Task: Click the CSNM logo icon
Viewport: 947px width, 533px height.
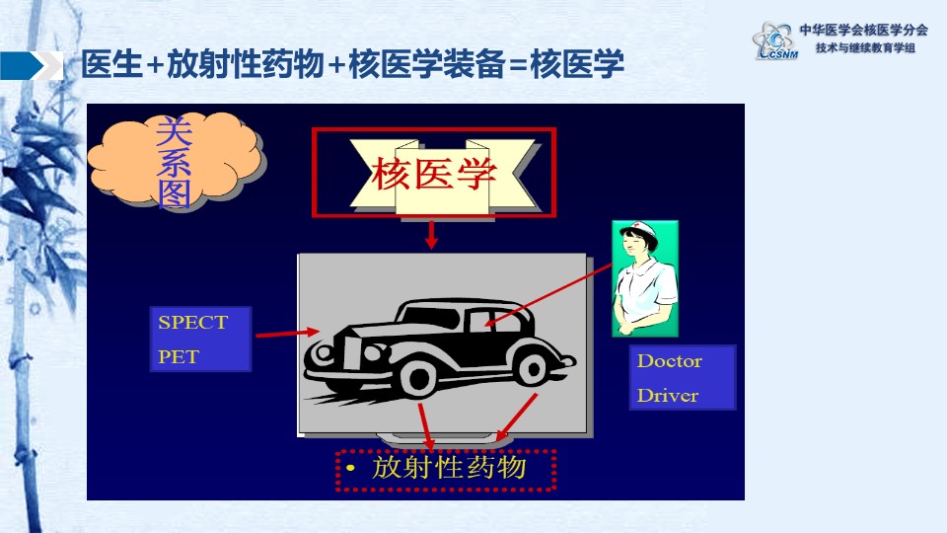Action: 775,41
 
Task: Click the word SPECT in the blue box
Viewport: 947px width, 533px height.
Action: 192,323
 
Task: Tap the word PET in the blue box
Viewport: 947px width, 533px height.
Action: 179,357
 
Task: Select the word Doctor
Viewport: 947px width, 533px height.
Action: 669,361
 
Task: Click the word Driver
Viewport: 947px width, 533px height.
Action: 668,395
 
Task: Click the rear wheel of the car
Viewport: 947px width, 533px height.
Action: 533,368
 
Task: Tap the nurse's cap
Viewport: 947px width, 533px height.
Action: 640,229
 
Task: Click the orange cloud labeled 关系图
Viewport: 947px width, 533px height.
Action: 177,160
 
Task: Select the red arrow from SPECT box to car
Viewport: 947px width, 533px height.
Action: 287,333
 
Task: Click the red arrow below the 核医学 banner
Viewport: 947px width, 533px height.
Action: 431,235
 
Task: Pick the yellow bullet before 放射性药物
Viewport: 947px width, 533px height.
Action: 350,468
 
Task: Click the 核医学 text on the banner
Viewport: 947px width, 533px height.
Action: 434,174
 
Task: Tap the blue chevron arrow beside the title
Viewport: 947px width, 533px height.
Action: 32,65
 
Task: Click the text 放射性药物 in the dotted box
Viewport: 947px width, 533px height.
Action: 449,467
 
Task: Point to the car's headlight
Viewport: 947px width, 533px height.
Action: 324,353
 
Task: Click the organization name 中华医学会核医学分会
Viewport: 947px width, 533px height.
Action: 864,31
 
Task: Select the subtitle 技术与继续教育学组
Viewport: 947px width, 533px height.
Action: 865,47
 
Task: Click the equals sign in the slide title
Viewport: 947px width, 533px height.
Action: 518,65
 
